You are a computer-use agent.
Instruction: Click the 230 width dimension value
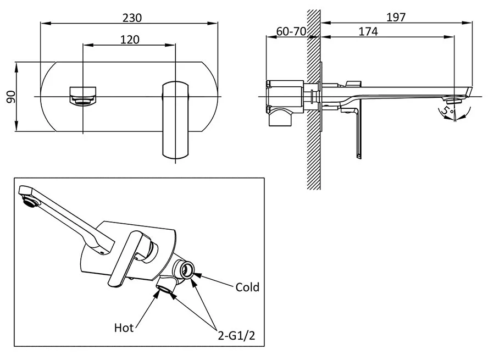132,18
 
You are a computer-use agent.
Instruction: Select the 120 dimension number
130,40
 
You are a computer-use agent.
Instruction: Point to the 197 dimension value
396,17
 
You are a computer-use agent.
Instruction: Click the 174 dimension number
368,32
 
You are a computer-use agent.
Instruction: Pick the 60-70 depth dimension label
291,32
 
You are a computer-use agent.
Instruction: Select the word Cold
247,287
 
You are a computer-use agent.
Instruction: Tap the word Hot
124,328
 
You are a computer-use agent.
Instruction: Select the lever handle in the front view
175,119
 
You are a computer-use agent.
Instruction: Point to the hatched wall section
313,137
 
